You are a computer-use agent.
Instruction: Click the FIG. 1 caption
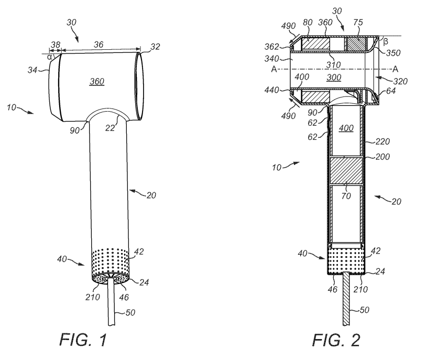click(x=83, y=340)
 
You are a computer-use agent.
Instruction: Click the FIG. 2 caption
click(x=336, y=340)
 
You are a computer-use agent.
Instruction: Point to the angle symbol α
click(x=49, y=57)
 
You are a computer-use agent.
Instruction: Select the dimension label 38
click(x=56, y=45)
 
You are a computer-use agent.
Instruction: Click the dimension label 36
click(x=98, y=45)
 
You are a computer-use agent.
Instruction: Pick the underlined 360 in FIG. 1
click(x=97, y=81)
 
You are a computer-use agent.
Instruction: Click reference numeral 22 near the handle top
click(x=111, y=127)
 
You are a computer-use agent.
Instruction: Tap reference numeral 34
click(x=32, y=70)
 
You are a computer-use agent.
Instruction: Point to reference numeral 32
click(x=155, y=47)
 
